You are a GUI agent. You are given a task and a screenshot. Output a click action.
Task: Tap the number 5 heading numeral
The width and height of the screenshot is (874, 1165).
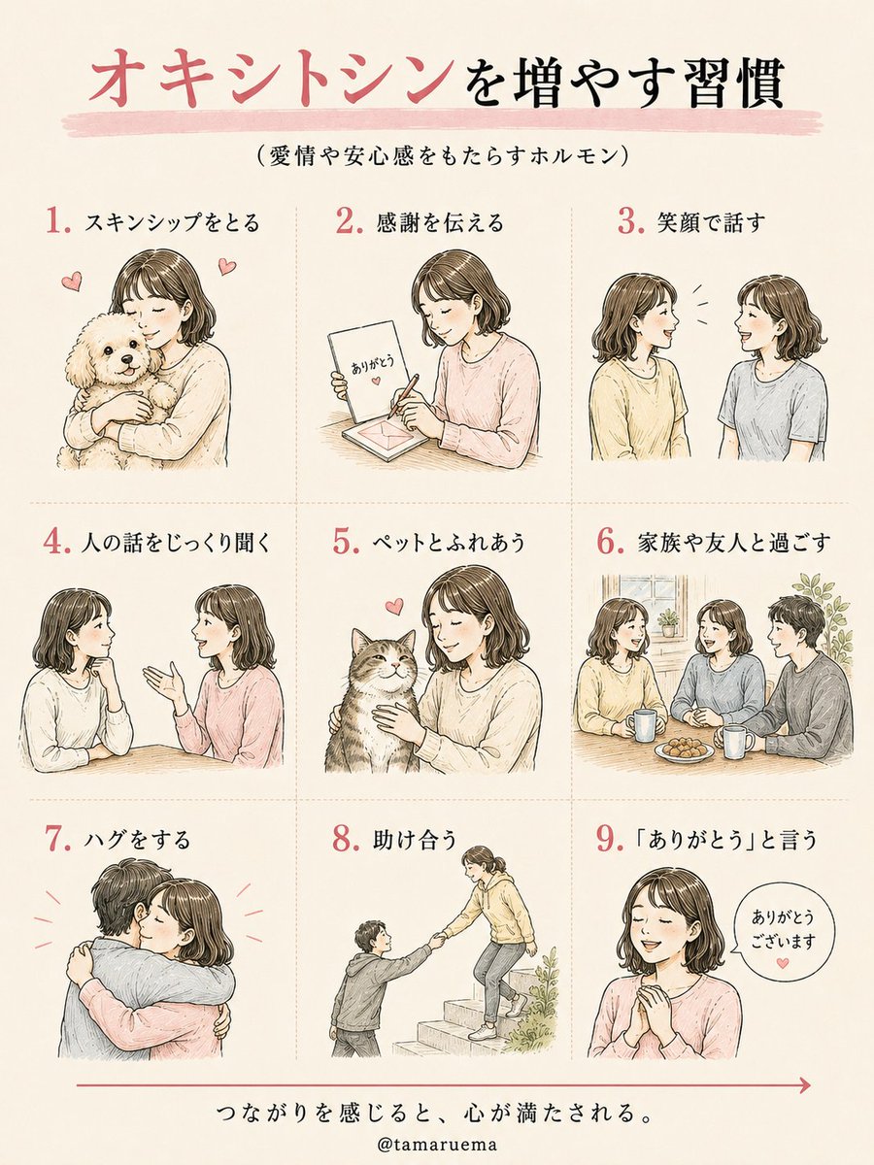click(x=345, y=542)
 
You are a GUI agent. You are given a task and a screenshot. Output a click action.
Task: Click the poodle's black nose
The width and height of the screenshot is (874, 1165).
click(x=126, y=359)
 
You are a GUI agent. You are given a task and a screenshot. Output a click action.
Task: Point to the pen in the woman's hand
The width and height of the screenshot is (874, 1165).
click(x=403, y=396)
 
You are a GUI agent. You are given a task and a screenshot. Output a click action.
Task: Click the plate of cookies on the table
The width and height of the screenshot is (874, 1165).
click(x=684, y=749)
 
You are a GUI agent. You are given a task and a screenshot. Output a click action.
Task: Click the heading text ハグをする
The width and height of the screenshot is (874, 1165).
click(x=137, y=840)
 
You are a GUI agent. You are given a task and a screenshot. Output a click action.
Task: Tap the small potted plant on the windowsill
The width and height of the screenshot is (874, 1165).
click(x=668, y=622)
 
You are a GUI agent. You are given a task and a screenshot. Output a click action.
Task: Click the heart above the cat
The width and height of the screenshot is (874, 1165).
click(x=393, y=606)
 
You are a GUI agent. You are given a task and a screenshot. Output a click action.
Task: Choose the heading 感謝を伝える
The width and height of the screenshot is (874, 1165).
click(x=439, y=222)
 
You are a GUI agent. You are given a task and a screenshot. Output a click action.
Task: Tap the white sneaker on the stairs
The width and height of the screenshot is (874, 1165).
click(x=483, y=1031)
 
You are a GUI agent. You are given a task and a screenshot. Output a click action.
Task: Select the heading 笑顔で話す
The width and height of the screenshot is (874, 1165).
click(x=711, y=222)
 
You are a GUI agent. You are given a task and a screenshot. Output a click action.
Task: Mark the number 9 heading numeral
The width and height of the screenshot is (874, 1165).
click(x=609, y=839)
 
